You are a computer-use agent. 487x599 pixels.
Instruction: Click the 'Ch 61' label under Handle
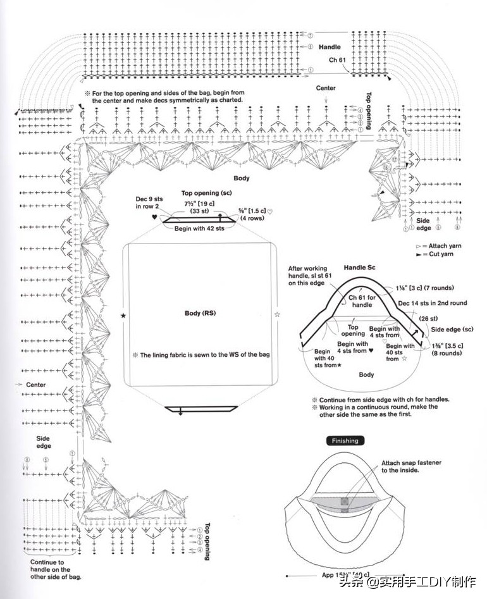pyautogui.click(x=337, y=60)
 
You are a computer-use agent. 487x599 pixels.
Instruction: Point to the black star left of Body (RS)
pyautogui.click(x=123, y=314)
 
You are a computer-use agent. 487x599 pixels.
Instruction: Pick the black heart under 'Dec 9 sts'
pyautogui.click(x=154, y=217)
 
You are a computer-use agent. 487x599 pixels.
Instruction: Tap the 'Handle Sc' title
pyautogui.click(x=359, y=268)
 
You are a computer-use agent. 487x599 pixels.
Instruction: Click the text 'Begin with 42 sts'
pyautogui.click(x=200, y=228)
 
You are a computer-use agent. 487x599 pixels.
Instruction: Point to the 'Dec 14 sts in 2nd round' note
pyautogui.click(x=432, y=303)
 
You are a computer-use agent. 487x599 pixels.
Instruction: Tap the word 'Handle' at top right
pyautogui.click(x=330, y=47)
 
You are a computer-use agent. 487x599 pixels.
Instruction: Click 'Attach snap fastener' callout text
pyautogui.click(x=411, y=466)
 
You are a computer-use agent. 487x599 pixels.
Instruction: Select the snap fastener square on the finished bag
pyautogui.click(x=344, y=502)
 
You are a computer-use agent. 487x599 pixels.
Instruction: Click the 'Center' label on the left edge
pyautogui.click(x=35, y=385)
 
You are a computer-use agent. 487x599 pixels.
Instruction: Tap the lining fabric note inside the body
pyautogui.click(x=201, y=355)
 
